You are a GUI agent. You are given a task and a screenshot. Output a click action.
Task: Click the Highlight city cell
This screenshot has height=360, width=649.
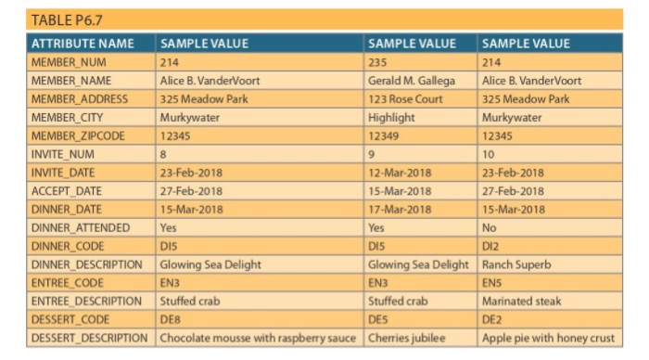point(390,118)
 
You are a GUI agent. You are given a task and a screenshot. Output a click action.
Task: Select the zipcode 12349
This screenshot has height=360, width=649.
point(383,135)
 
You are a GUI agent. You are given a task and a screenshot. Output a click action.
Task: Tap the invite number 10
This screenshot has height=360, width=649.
point(490,154)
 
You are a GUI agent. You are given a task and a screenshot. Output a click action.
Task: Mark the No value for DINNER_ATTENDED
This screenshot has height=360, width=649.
point(490,227)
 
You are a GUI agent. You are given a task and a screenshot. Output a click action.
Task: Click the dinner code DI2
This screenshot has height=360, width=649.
point(491,245)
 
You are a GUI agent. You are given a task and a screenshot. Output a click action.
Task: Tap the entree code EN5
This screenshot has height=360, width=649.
point(492,282)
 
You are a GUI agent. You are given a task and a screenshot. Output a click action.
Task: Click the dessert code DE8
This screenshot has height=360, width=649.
point(170,318)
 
